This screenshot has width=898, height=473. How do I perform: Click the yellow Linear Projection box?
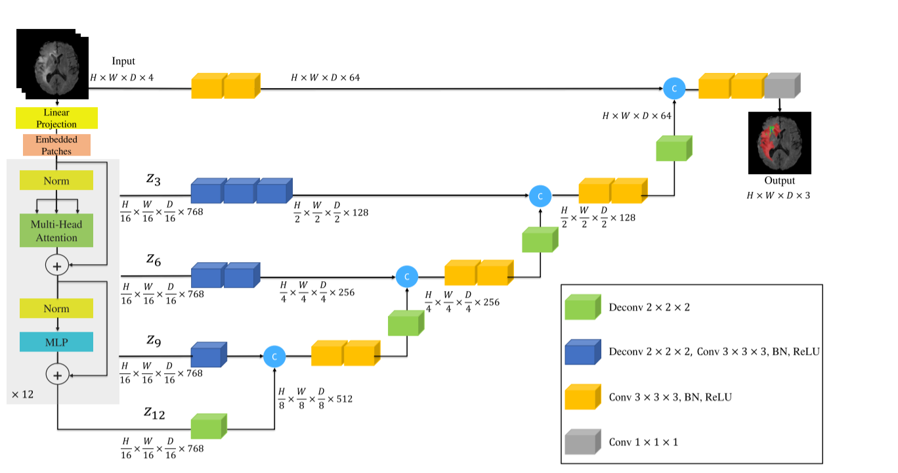56,118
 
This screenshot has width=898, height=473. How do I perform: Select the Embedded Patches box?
56,145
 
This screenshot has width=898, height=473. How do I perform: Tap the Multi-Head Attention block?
56,231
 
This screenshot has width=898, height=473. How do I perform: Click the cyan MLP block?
56,342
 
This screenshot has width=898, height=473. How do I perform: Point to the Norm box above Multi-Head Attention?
56,181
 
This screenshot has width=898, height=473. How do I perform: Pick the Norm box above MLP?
56,308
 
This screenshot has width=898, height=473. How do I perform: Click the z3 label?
153,178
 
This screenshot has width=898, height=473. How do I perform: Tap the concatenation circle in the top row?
674,88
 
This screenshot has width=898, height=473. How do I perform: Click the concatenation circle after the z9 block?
274,357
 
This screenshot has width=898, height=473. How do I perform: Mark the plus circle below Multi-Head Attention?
56,266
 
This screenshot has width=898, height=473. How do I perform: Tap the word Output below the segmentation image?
779,181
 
